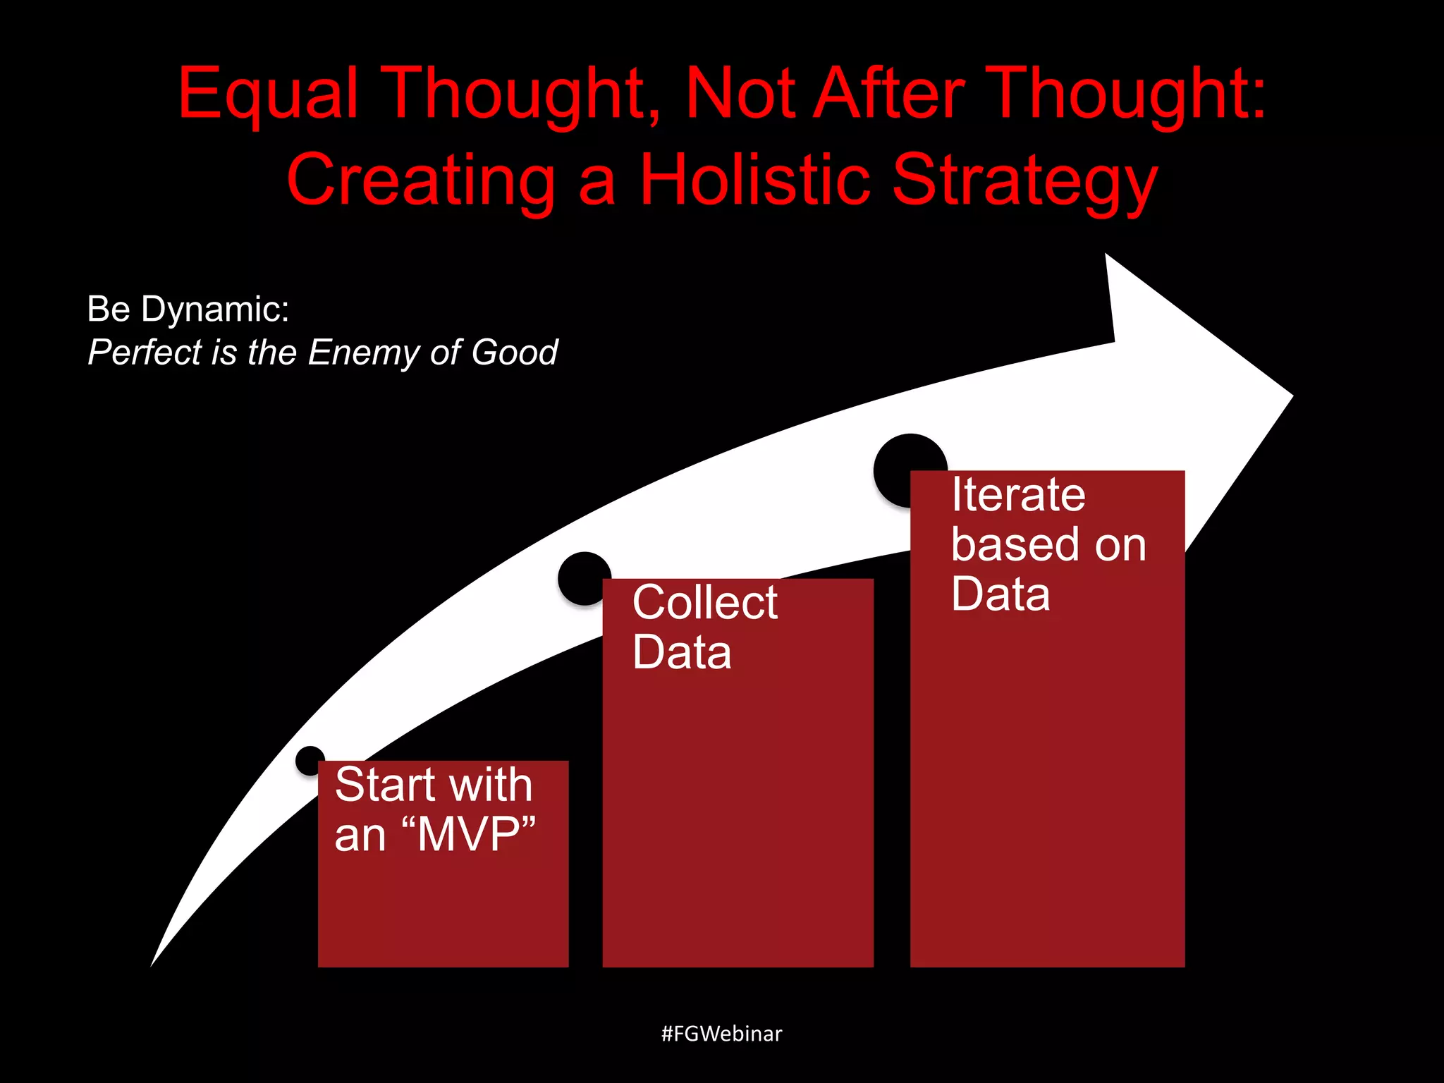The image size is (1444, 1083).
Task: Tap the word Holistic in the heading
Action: tap(754, 180)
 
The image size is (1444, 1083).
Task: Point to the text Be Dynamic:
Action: tap(188, 309)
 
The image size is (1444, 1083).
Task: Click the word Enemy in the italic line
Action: tap(363, 352)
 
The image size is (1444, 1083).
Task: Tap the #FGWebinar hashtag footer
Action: tap(721, 1034)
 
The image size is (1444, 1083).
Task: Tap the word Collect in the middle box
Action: tap(704, 602)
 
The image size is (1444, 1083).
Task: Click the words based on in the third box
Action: tap(1048, 544)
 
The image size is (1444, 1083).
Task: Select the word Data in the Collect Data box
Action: tap(681, 652)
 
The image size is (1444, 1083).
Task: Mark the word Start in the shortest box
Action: tap(384, 784)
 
